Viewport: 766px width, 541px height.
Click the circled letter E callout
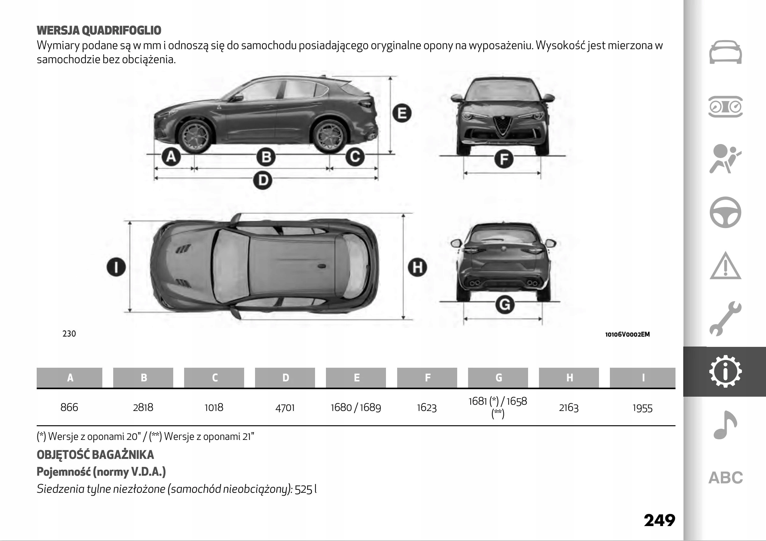point(402,113)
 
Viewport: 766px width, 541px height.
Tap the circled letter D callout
point(263,180)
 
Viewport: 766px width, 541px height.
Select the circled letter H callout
point(417,267)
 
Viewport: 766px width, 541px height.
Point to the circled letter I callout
point(116,267)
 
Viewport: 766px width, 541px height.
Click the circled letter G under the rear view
point(505,305)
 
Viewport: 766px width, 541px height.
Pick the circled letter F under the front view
point(504,159)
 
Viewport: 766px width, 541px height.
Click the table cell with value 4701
point(285,408)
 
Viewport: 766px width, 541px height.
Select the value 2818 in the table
point(143,408)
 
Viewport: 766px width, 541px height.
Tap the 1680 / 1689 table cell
point(356,408)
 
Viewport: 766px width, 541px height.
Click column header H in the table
point(569,378)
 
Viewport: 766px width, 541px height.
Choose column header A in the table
point(70,378)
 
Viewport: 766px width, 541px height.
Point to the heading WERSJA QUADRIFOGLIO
point(99,30)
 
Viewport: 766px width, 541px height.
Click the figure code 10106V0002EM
point(627,334)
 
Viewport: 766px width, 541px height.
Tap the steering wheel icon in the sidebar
point(725,212)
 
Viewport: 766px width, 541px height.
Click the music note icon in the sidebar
point(725,425)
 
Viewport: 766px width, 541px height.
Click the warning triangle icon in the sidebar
point(725,266)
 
